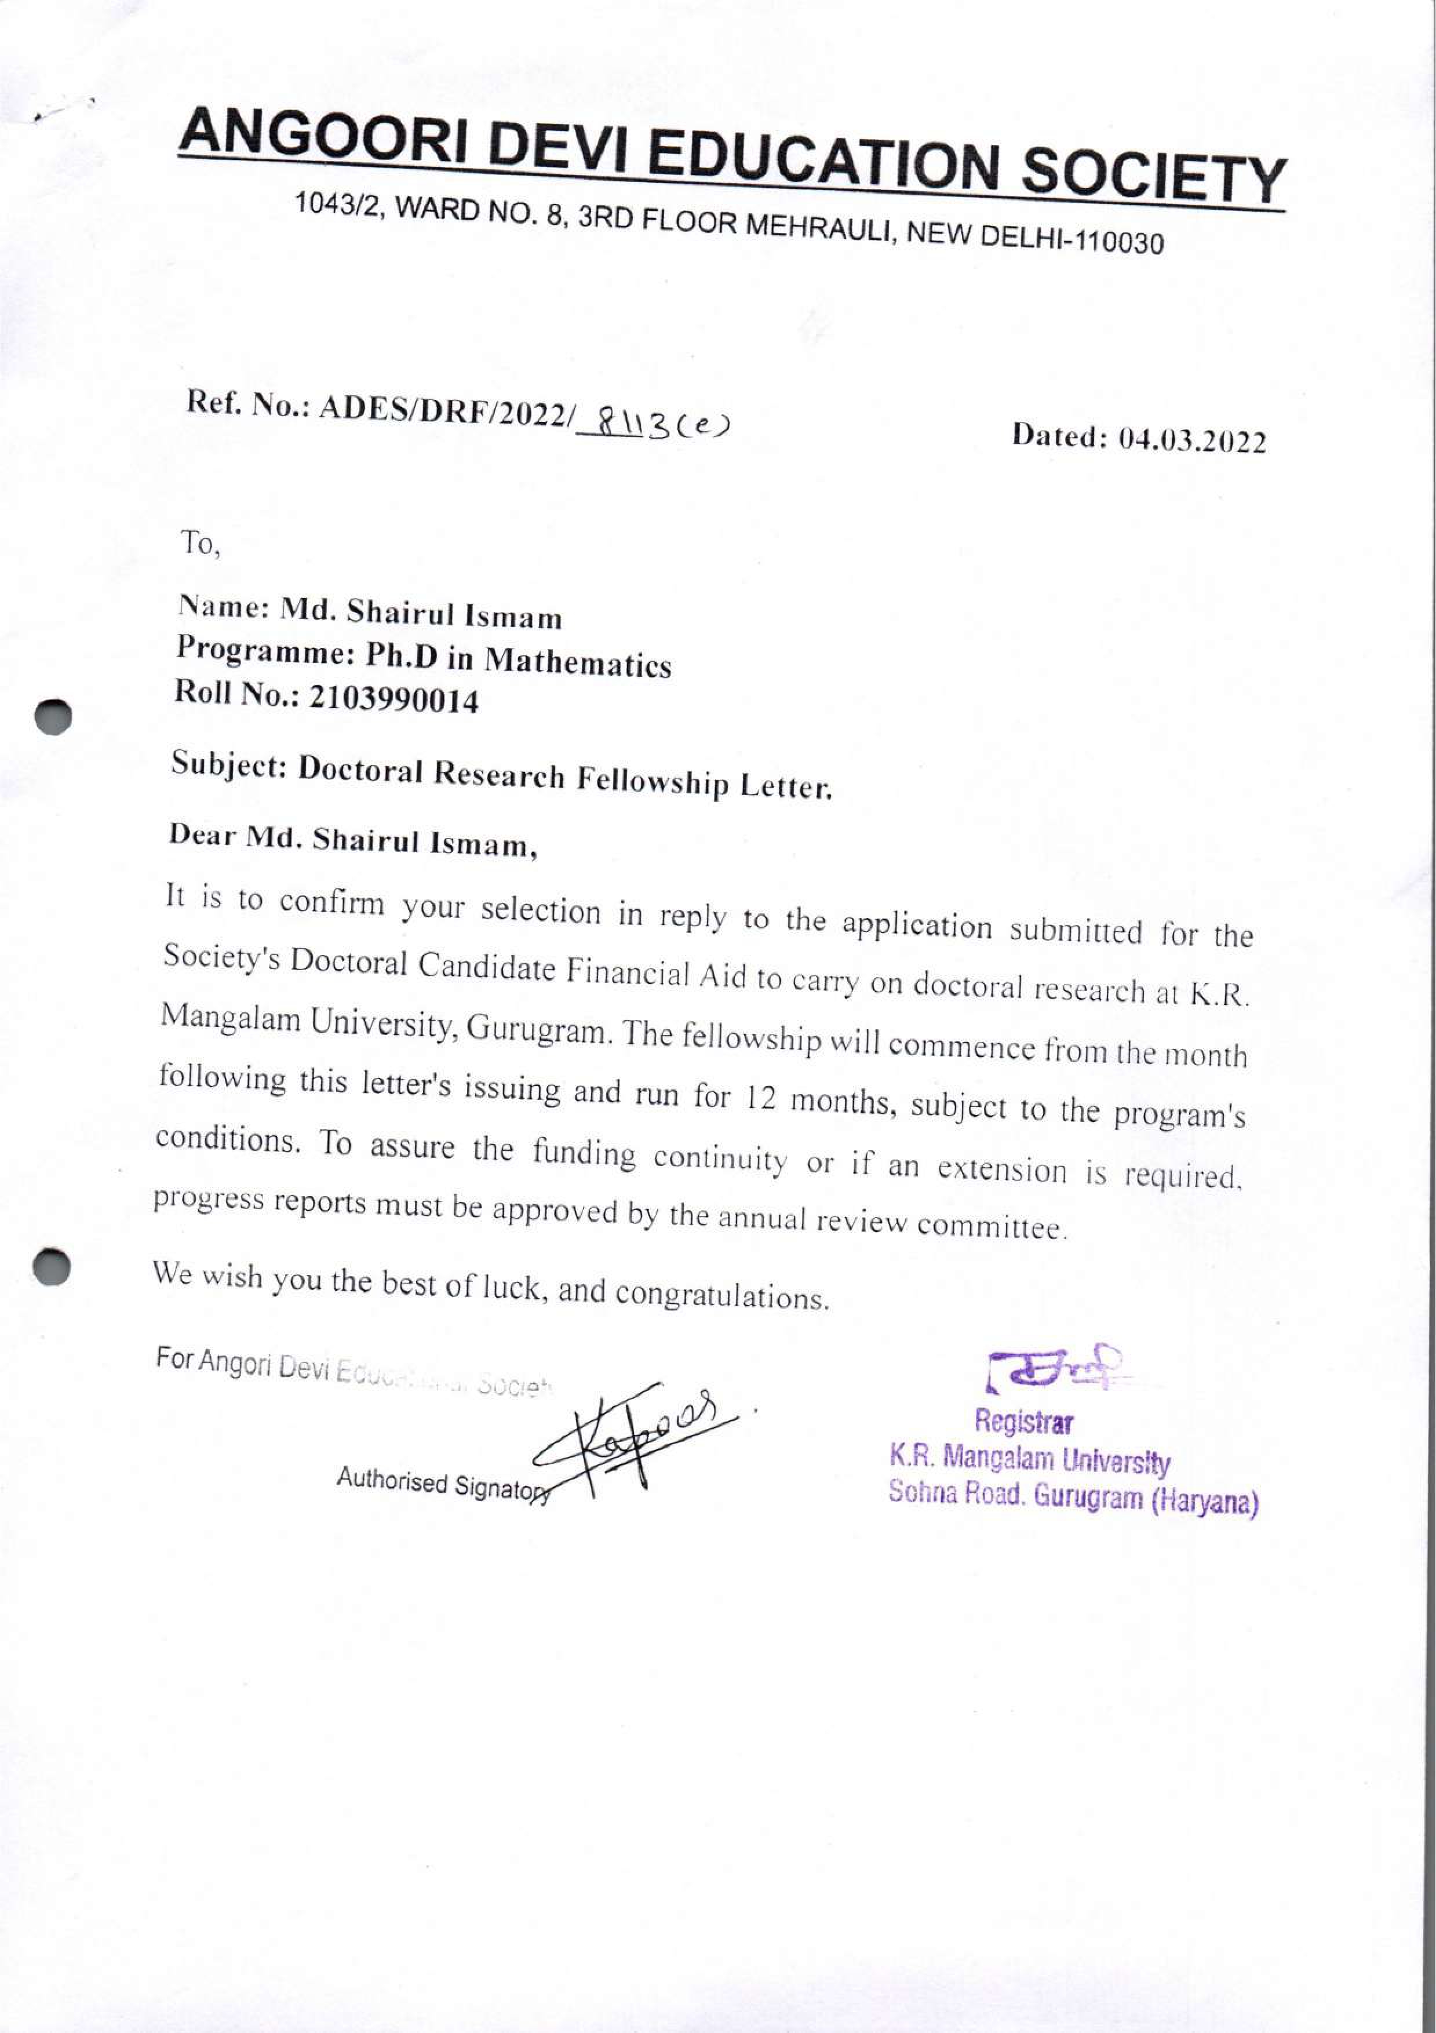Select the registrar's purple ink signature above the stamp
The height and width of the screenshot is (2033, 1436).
click(1054, 1369)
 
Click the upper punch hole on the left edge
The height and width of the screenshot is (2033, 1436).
click(55, 716)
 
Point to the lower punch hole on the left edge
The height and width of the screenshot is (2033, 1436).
click(54, 1266)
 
